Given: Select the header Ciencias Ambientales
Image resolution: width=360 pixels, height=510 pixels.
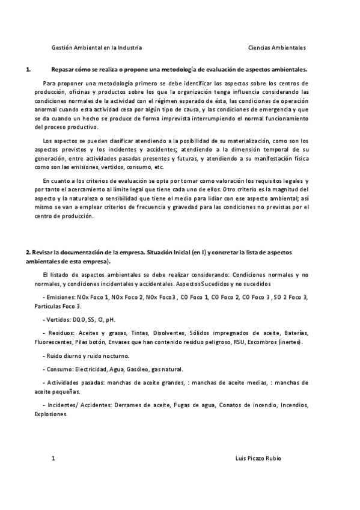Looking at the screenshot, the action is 276,47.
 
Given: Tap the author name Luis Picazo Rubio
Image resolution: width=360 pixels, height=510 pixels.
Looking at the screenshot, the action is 258,458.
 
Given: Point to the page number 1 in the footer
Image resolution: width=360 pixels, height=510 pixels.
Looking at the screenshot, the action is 53,458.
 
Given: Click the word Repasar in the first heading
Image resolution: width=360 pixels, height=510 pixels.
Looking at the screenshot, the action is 65,69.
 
